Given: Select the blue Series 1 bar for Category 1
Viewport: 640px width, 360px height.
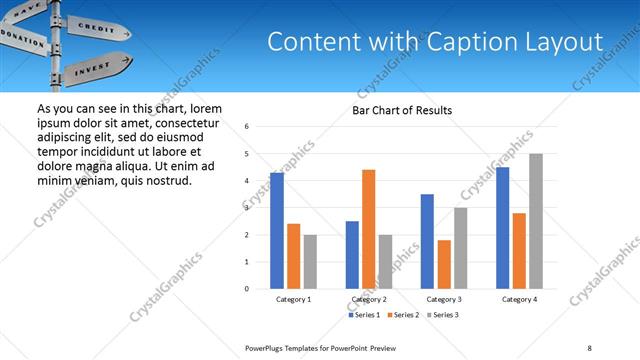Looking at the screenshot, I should (x=277, y=231).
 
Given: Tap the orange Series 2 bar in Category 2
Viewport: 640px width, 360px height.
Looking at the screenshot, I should (x=368, y=229).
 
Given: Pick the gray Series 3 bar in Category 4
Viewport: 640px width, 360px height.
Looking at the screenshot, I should (x=536, y=221).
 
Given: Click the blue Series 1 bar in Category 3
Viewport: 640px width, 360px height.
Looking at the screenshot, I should (x=427, y=241).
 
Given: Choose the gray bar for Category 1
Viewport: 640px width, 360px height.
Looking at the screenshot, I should (x=310, y=262).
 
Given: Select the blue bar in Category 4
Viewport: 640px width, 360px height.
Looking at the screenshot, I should (x=502, y=228).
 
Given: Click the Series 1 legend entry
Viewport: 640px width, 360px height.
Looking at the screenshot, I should (x=364, y=315).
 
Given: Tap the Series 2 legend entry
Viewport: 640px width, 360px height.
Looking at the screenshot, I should (x=402, y=315).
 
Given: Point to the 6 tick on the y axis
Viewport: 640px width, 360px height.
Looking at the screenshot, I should (x=247, y=127).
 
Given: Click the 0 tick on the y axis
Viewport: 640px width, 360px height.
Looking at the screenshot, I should (x=247, y=289).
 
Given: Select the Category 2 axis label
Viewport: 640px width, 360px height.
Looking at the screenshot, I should (x=368, y=299).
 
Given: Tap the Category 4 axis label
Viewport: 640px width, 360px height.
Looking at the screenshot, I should (x=519, y=299).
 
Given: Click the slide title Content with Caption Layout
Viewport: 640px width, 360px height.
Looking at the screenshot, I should (x=435, y=42).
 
